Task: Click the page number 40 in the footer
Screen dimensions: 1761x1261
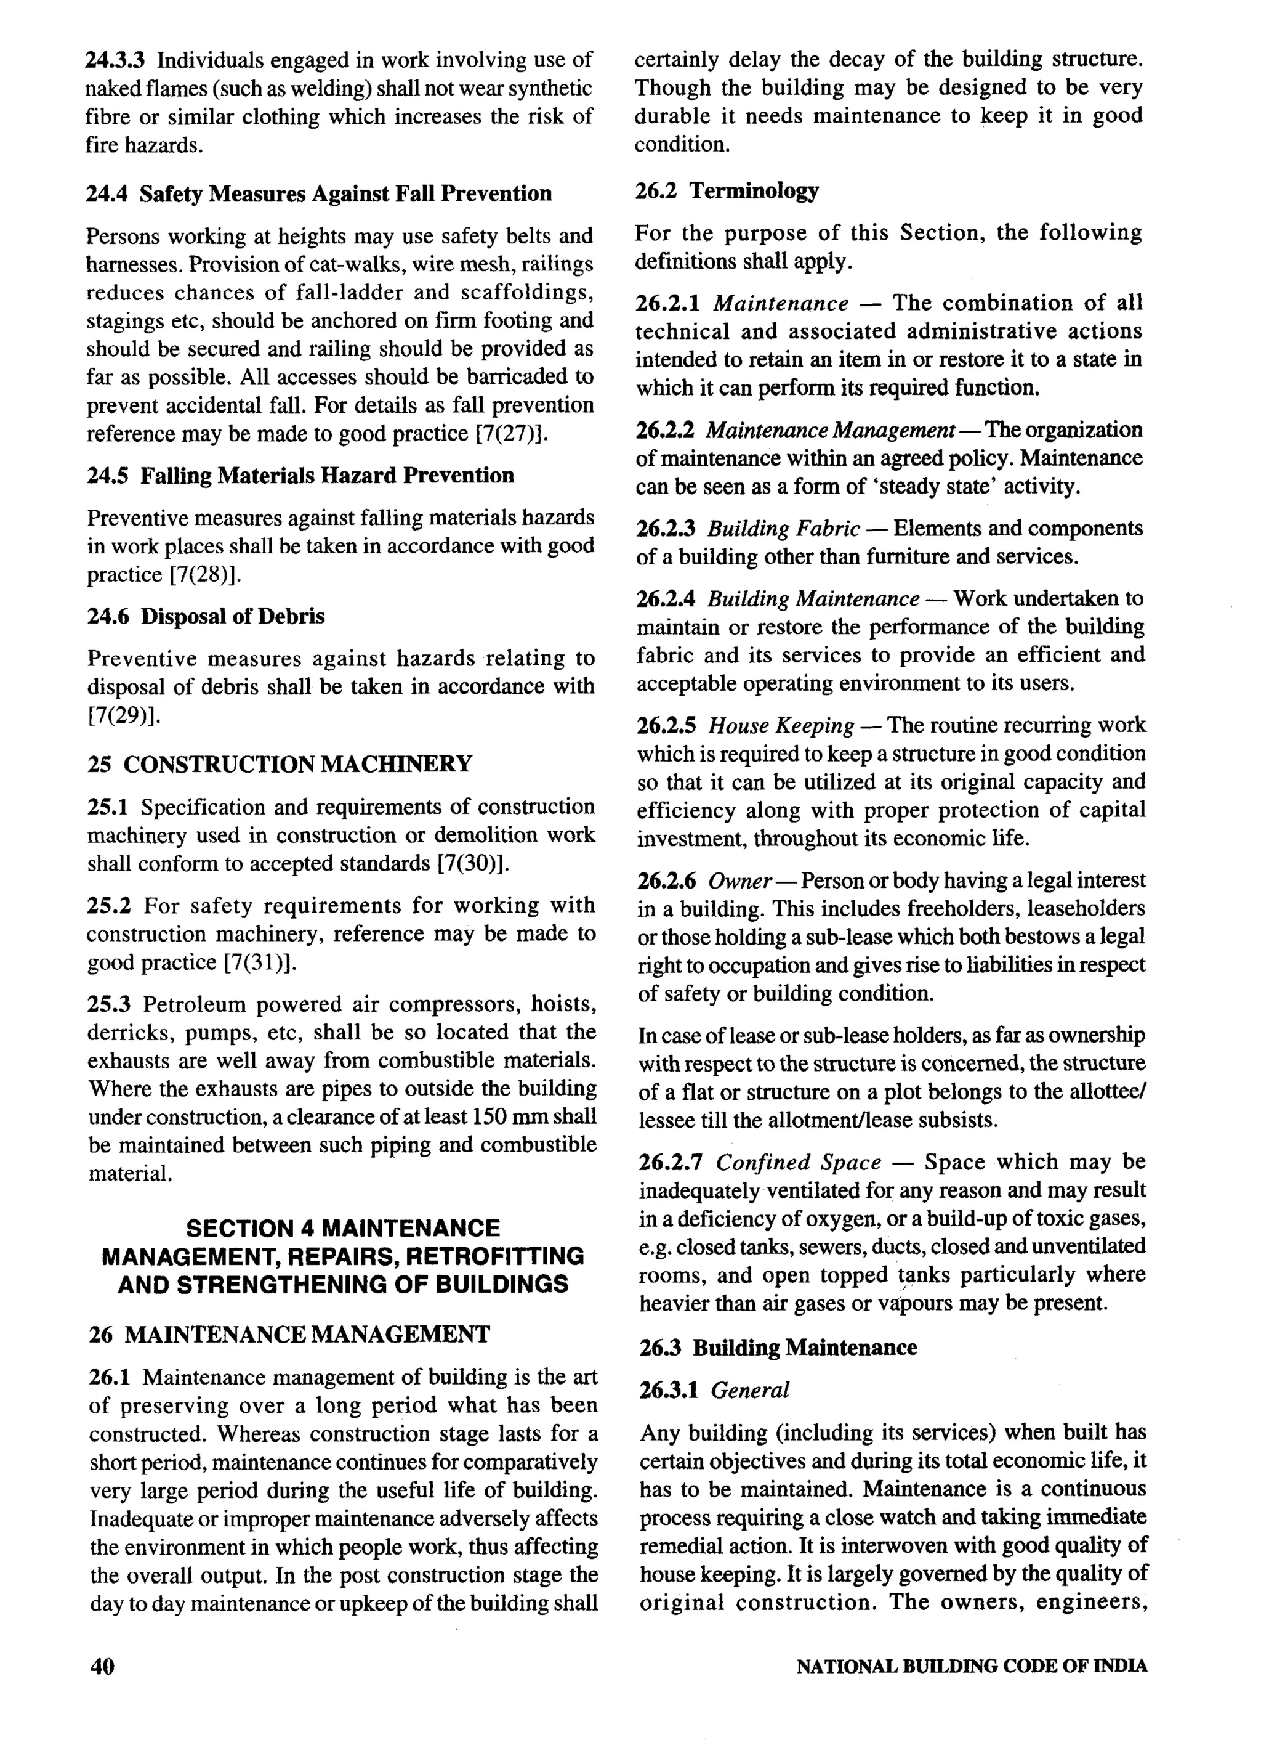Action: click(x=102, y=1666)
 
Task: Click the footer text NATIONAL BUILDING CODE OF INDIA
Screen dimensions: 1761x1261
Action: click(x=972, y=1666)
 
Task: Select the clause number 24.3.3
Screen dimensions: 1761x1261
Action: click(x=115, y=60)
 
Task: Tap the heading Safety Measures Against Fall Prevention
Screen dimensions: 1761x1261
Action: click(x=345, y=193)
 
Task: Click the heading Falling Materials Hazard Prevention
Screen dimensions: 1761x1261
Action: click(x=327, y=475)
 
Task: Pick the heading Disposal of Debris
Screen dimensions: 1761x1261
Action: click(x=232, y=617)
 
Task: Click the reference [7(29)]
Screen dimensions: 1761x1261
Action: click(x=123, y=714)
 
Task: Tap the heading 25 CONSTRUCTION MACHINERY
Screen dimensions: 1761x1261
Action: click(x=280, y=764)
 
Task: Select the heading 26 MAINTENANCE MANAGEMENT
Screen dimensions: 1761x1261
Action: click(x=289, y=1334)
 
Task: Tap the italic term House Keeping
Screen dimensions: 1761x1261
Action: click(x=781, y=725)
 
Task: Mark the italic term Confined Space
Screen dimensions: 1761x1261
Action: click(x=798, y=1162)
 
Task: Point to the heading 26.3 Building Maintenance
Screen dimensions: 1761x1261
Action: click(x=778, y=1347)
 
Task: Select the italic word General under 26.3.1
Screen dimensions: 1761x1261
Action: click(x=749, y=1390)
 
